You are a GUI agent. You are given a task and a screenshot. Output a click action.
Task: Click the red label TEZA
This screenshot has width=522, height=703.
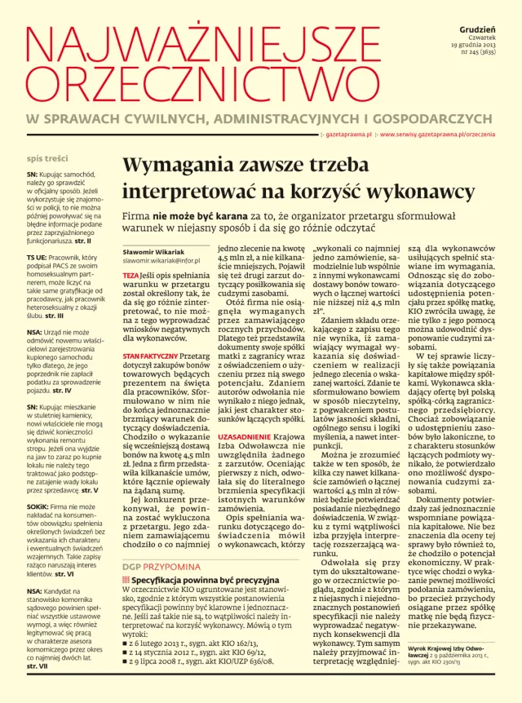coord(130,276)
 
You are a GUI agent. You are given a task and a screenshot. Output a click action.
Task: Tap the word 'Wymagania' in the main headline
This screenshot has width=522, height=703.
coord(175,164)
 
